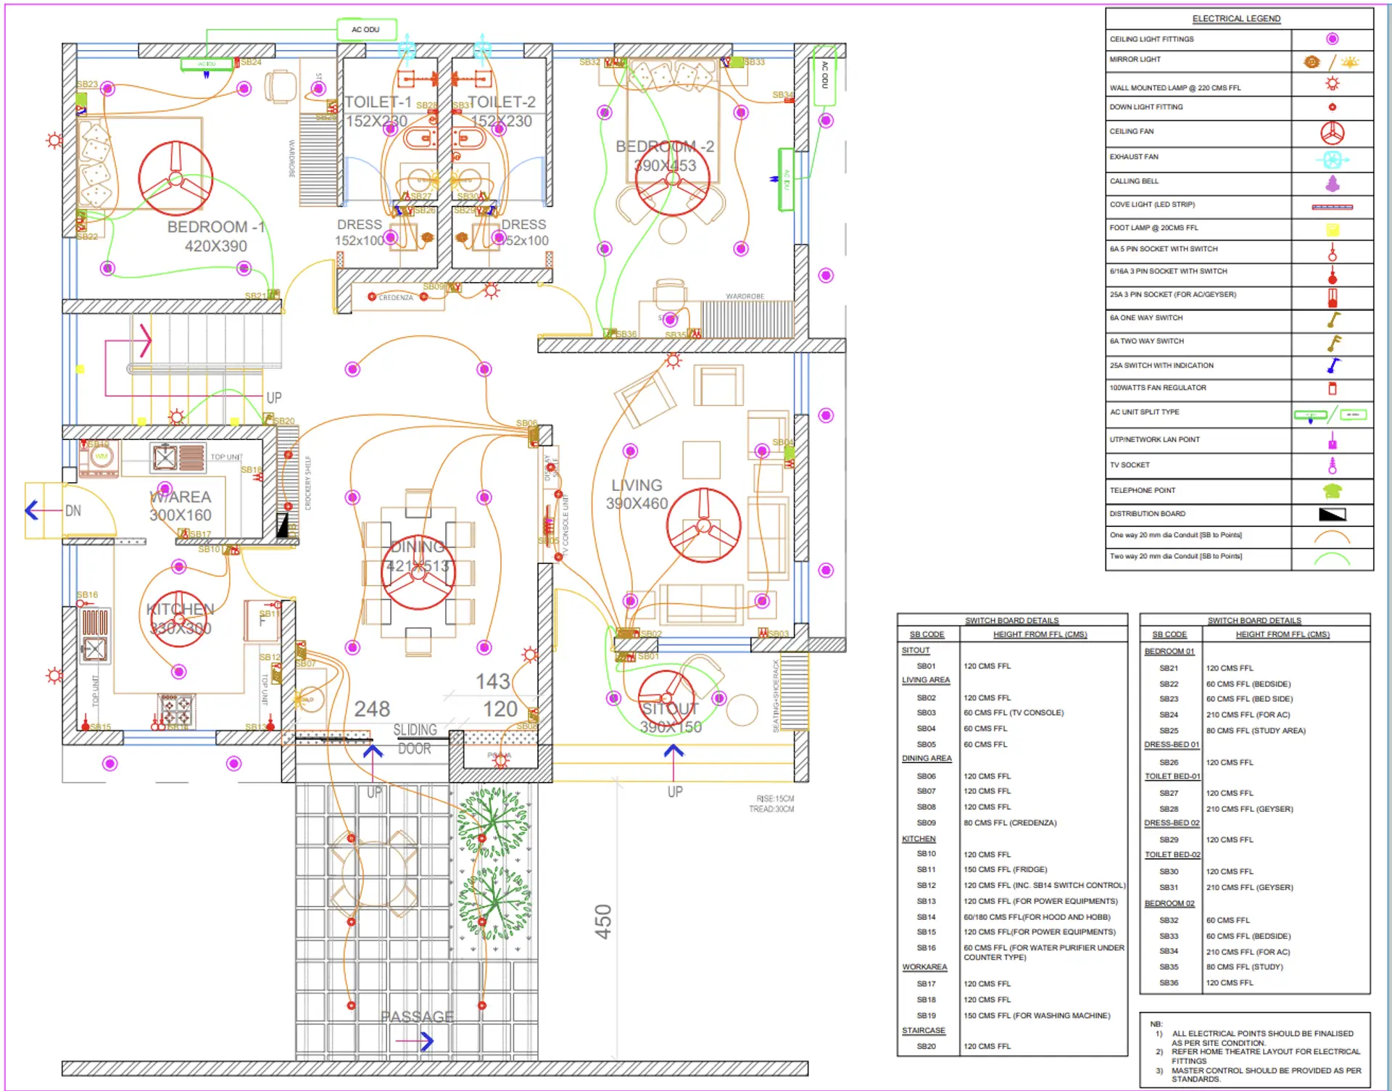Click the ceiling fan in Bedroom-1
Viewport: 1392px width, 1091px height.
175,178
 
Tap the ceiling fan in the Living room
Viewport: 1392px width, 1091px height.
703,526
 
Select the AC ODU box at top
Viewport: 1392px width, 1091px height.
366,30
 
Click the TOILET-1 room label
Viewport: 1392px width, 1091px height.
377,102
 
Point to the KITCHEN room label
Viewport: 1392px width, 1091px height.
180,609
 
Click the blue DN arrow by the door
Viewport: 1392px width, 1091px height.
32,510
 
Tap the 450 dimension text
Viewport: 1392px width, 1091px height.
603,921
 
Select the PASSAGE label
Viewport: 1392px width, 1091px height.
418,1016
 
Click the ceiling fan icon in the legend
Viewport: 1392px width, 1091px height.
1332,133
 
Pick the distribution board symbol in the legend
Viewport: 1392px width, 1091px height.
1332,515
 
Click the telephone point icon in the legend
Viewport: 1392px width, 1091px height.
1332,491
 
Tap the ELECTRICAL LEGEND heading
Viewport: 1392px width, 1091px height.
1236,19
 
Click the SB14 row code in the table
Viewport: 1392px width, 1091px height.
926,917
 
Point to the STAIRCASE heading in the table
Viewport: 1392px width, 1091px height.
923,1030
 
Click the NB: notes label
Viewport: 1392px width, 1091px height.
1156,1024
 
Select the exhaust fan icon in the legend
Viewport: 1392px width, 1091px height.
1332,159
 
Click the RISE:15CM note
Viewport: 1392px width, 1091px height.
775,799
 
